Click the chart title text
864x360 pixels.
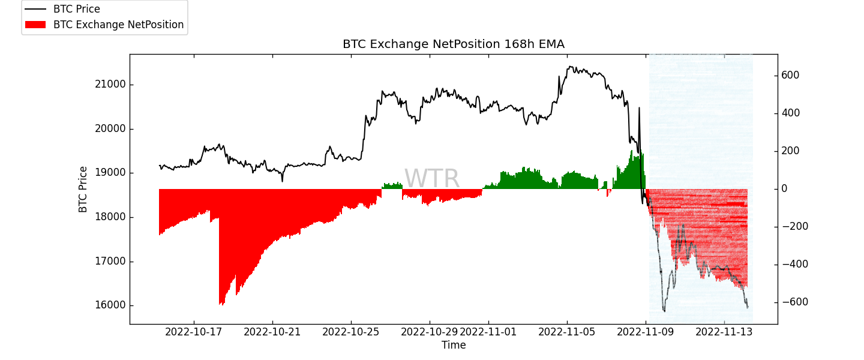pyautogui.click(x=453, y=44)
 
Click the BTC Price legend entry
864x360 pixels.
pyautogui.click(x=76, y=10)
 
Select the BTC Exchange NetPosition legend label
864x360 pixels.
pyautogui.click(x=118, y=25)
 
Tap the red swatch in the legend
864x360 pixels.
pyautogui.click(x=35, y=25)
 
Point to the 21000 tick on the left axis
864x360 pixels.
pyautogui.click(x=110, y=85)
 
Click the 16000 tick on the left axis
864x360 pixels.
pyautogui.click(x=110, y=305)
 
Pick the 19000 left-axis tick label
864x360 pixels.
pyautogui.click(x=110, y=173)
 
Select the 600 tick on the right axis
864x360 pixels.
pyautogui.click(x=790, y=76)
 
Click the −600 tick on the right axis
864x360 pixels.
pyautogui.click(x=793, y=302)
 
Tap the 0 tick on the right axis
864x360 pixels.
pyautogui.click(x=785, y=189)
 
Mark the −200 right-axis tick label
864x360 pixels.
pyautogui.click(x=793, y=227)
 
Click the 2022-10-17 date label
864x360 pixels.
pyautogui.click(x=194, y=332)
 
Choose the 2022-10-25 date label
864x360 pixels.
pyautogui.click(x=351, y=332)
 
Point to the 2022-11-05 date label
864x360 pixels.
pyautogui.click(x=567, y=332)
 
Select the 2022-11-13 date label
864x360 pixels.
pyautogui.click(x=724, y=332)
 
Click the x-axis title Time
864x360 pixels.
pyautogui.click(x=454, y=346)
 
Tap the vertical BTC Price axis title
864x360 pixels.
pyautogui.click(x=83, y=189)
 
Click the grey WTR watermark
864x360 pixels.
pyautogui.click(x=431, y=179)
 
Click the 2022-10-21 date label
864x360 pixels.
pyautogui.click(x=272, y=332)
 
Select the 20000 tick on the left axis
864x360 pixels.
pyautogui.click(x=110, y=129)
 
